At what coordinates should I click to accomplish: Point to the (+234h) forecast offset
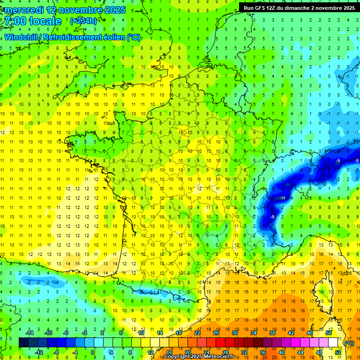[83, 21]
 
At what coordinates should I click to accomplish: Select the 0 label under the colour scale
[92, 352]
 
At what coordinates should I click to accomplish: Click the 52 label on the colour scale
[337, 352]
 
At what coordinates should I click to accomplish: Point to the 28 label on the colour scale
[225, 352]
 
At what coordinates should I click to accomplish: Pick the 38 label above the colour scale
[272, 332]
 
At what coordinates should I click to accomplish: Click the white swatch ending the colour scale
[333, 343]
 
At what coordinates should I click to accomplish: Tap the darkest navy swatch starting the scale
[23, 343]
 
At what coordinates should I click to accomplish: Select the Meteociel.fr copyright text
[199, 357]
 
